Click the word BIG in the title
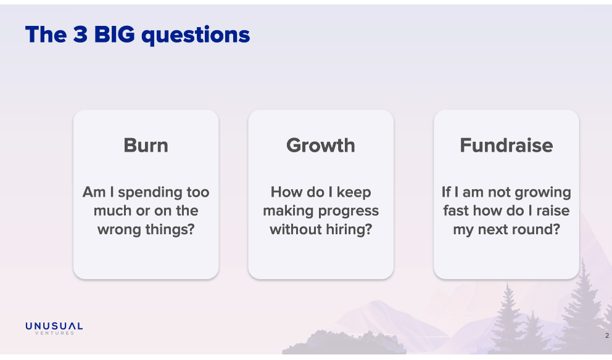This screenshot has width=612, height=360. click(x=114, y=35)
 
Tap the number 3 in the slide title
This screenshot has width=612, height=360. click(x=80, y=35)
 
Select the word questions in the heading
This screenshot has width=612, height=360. click(x=196, y=36)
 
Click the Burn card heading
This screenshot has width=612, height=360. click(x=146, y=145)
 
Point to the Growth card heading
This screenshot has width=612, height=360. click(x=321, y=145)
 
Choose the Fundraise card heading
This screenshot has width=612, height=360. click(x=507, y=145)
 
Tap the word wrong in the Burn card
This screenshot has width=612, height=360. click(x=120, y=230)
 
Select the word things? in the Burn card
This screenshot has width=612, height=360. click(x=170, y=229)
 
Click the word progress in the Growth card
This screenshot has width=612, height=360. click(x=349, y=211)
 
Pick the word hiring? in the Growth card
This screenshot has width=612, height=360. click(x=349, y=230)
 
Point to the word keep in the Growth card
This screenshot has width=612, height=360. click(x=354, y=193)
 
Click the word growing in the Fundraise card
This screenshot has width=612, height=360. click(x=543, y=193)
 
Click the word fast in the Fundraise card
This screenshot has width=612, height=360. click(x=456, y=211)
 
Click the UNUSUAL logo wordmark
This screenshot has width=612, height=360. click(x=54, y=326)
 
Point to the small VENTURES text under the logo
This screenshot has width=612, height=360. click(x=54, y=333)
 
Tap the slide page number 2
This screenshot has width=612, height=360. click(x=607, y=335)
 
